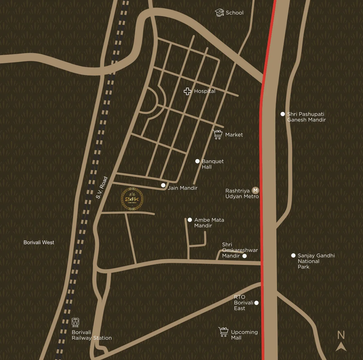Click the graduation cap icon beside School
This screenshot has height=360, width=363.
tap(219, 13)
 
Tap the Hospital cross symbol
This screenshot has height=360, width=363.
tap(188, 91)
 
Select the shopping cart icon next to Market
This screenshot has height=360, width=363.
tap(218, 134)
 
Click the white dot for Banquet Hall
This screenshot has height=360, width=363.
tap(197, 161)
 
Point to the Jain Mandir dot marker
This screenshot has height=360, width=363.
tap(163, 185)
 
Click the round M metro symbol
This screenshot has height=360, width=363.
tap(255, 190)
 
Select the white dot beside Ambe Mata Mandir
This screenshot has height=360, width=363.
tap(190, 220)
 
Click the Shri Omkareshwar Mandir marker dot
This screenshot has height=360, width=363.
tap(244, 256)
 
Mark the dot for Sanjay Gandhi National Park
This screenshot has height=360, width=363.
tap(293, 256)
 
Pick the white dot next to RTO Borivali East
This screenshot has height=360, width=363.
tap(256, 303)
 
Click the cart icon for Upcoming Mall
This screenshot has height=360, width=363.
tap(224, 332)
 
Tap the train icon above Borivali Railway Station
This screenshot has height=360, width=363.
tap(75, 322)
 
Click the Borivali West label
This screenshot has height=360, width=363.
tap(39, 242)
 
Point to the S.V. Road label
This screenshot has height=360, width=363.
tap(102, 188)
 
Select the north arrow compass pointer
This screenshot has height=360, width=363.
tap(341, 346)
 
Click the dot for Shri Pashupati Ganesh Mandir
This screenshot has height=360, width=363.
tap(283, 114)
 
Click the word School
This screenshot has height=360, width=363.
tap(235, 13)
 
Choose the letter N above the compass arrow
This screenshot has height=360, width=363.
tap(341, 335)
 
